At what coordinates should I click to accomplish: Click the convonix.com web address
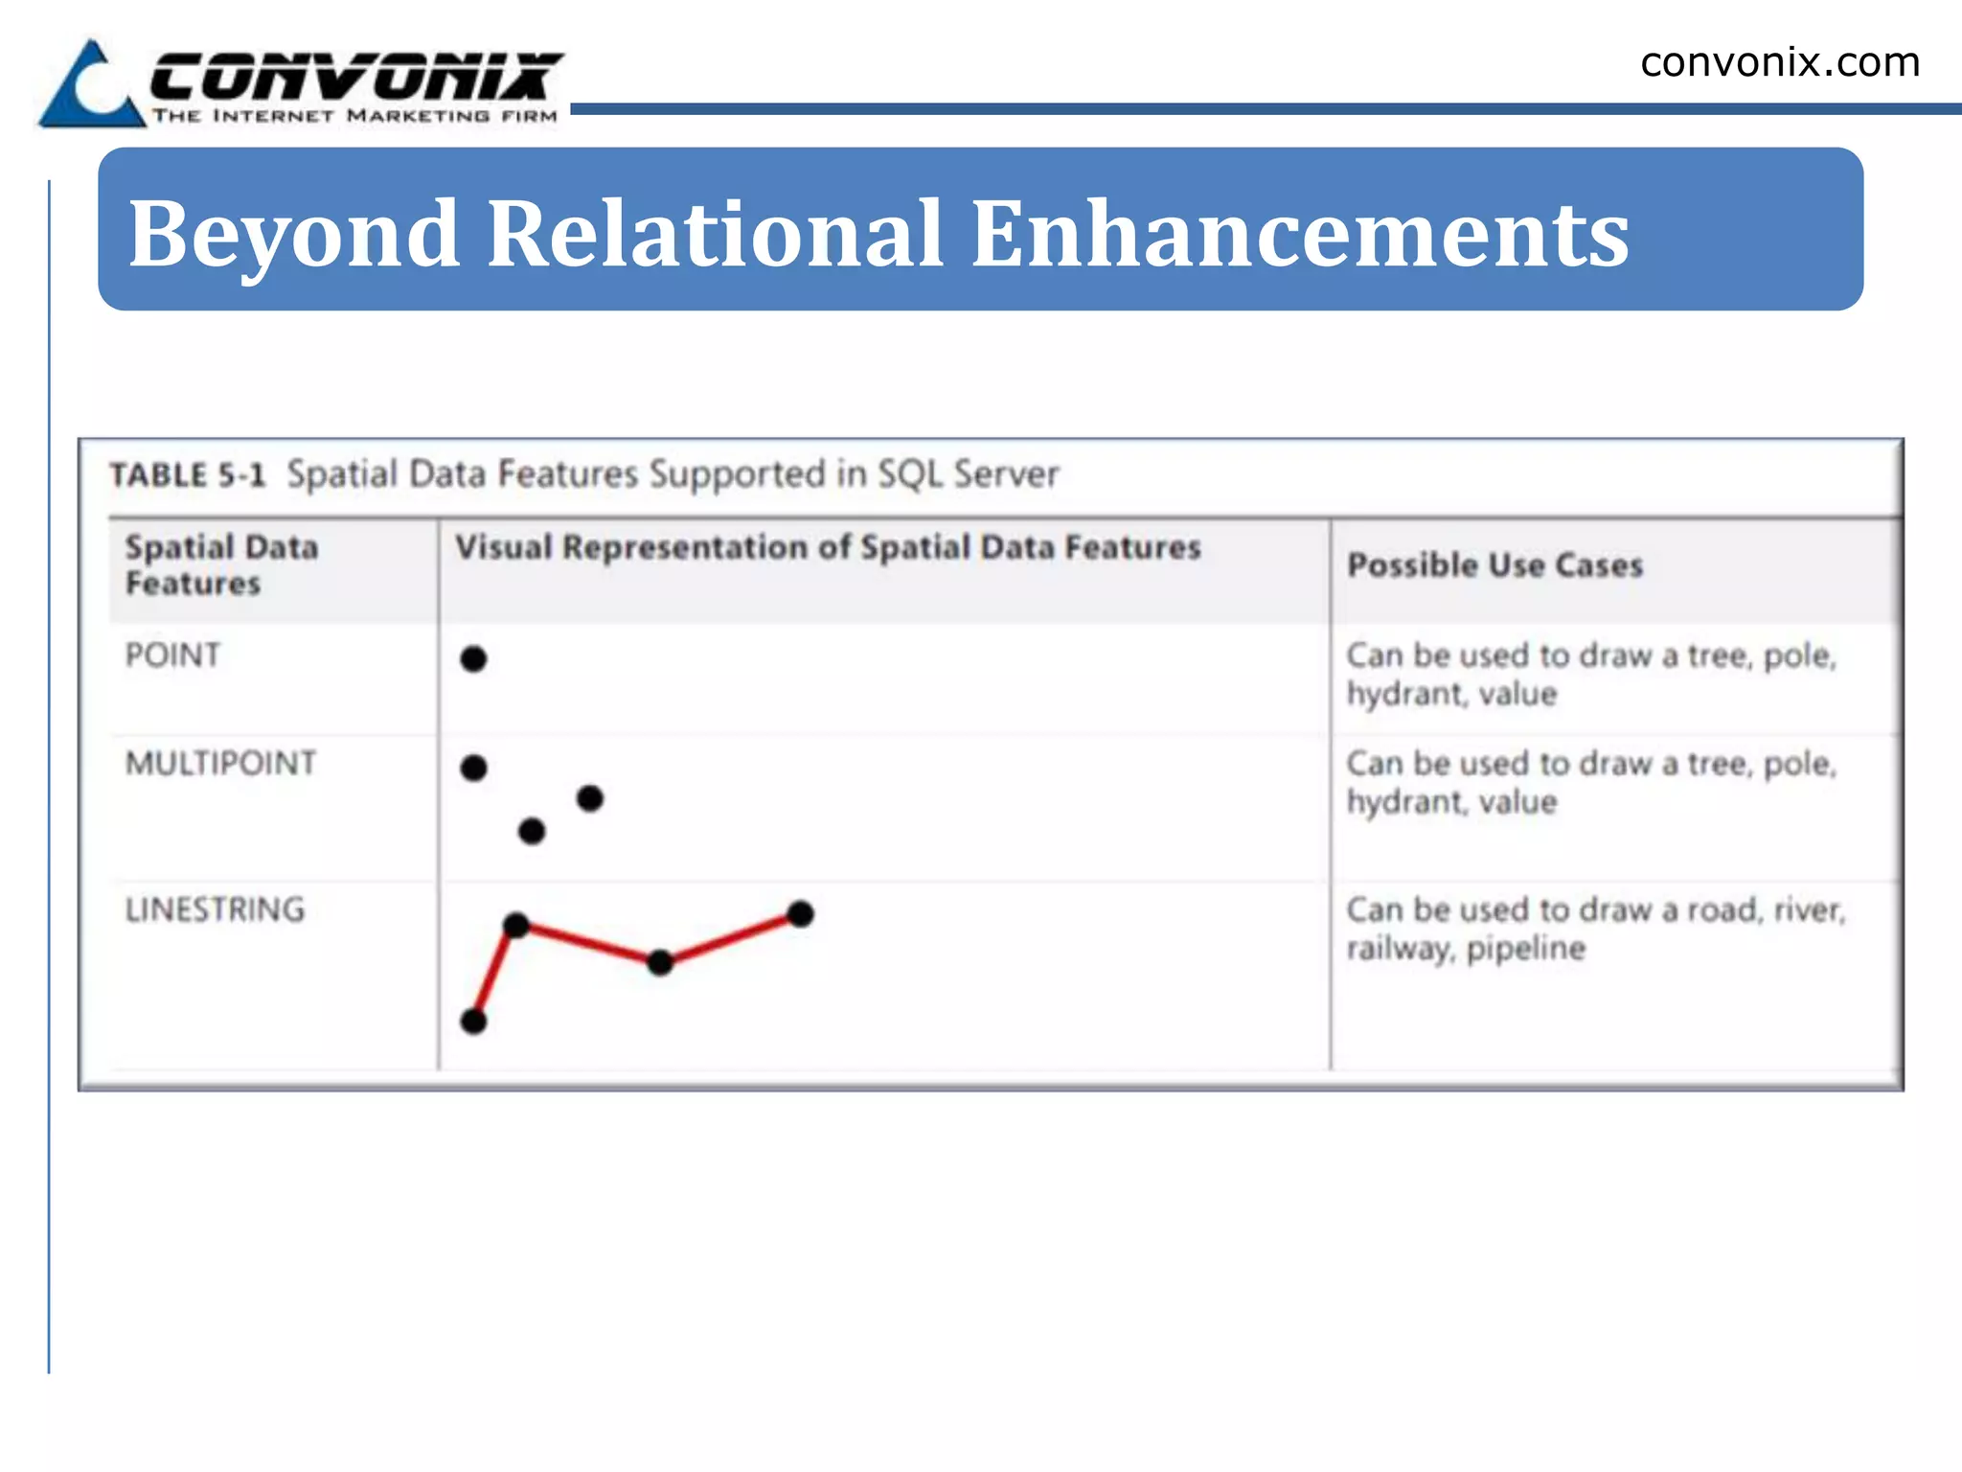(1779, 63)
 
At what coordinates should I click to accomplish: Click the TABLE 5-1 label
(187, 475)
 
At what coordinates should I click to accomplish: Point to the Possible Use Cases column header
(1494, 565)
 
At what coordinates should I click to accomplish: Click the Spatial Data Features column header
(221, 565)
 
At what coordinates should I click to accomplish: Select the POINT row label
(172, 655)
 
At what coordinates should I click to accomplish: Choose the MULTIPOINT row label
(220, 764)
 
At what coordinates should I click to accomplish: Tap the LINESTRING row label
(215, 909)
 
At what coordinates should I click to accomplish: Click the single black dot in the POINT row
(473, 659)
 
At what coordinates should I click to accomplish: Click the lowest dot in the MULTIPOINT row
(532, 831)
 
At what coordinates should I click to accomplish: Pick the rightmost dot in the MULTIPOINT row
(590, 797)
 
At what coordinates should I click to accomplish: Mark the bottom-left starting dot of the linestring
(473, 1022)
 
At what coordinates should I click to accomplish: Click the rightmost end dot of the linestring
(800, 914)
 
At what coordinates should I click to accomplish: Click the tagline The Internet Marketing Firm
(354, 116)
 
